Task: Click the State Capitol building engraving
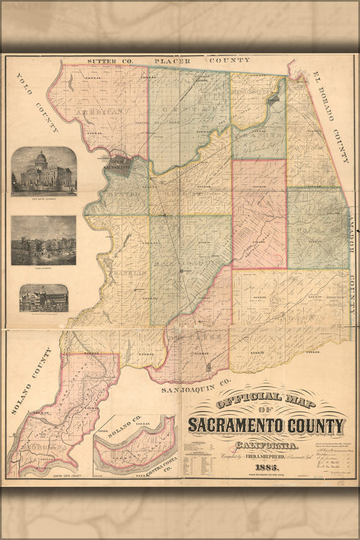44,170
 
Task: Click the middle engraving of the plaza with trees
44,240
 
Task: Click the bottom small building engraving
44,298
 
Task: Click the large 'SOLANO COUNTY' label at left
34,380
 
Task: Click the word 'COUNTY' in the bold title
317,425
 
